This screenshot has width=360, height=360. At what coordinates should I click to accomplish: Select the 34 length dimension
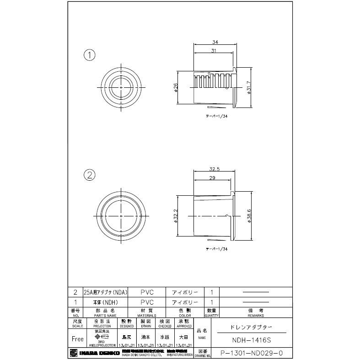215,42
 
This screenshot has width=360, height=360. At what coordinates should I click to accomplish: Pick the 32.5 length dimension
214,169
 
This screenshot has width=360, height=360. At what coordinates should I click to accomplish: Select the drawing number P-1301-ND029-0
252,353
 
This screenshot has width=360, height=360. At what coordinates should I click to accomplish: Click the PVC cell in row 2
147,292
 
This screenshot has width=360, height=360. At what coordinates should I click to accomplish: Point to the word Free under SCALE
78,339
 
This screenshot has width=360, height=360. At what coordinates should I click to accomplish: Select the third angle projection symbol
102,335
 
